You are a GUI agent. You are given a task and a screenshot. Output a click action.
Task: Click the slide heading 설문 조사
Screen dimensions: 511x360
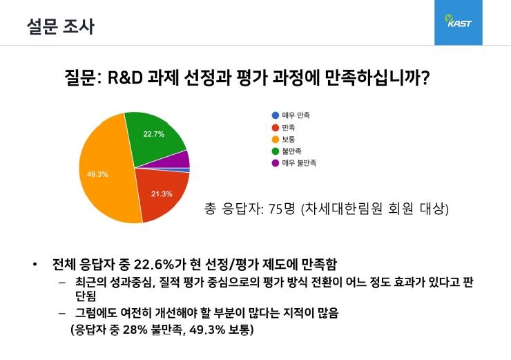pyautogui.click(x=61, y=26)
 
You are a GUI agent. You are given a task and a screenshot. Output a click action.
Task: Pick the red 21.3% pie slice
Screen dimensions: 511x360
pyautogui.click(x=163, y=194)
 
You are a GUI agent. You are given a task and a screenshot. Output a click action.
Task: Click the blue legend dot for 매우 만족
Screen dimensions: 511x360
pyautogui.click(x=276, y=115)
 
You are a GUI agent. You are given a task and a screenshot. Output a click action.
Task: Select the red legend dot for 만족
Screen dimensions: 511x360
pyautogui.click(x=276, y=128)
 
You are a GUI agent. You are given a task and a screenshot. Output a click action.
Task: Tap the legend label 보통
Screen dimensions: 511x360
pyautogui.click(x=289, y=140)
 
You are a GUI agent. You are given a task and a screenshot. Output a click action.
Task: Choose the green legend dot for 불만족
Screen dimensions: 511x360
pyautogui.click(x=276, y=151)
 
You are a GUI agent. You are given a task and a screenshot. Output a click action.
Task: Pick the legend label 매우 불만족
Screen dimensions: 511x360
pyautogui.click(x=299, y=163)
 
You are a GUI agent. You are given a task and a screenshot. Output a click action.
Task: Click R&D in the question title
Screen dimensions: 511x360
pyautogui.click(x=125, y=77)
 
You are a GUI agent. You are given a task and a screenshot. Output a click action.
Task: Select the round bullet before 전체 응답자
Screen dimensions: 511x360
pyautogui.click(x=35, y=265)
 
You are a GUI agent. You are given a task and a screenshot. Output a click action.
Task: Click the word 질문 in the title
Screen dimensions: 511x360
pyautogui.click(x=81, y=77)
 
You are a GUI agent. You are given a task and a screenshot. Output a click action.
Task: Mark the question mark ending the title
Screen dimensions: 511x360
pyautogui.click(x=424, y=77)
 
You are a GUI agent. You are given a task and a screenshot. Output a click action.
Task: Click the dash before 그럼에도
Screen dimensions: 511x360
pyautogui.click(x=62, y=314)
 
